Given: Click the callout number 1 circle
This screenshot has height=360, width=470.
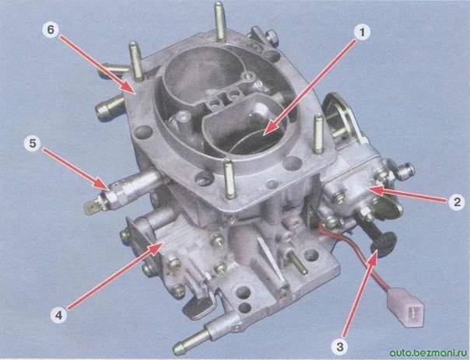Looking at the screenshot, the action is point(362,32).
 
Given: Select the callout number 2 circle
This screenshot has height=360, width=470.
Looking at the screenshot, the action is point(456,202).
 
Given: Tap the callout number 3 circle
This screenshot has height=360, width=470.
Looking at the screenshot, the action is point(339,347).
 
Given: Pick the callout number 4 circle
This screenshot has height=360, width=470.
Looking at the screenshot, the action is point(59,315).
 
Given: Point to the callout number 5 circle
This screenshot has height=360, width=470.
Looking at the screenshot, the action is point(33,144).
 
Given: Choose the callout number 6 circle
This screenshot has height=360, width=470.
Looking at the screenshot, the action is point(51,30).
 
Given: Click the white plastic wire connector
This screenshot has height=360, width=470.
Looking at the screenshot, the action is point(405,306).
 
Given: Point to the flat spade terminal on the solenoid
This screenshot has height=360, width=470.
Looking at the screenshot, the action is point(93,208).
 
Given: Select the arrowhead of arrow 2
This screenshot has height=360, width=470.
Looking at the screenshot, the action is point(376,191).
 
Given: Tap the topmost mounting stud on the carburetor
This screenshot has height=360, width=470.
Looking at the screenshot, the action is point(219,21).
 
